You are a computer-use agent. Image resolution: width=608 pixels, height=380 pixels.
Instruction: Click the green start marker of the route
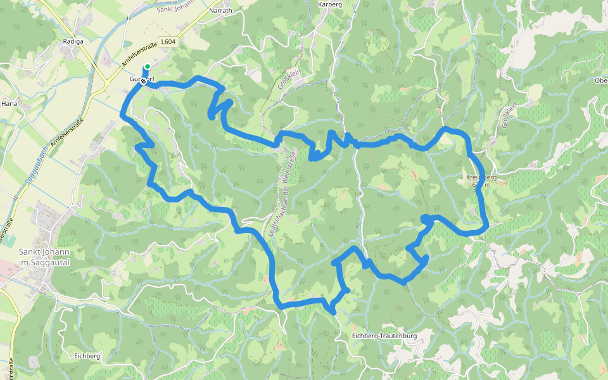pos(148,66)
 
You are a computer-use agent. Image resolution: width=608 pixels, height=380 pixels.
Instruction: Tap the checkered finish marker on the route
pos(144,81)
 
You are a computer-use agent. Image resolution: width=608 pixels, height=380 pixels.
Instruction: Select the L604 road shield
pos(168,42)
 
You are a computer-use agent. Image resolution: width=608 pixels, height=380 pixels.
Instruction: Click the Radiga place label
pos(73,41)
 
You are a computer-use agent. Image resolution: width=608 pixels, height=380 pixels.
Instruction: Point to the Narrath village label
pos(220,11)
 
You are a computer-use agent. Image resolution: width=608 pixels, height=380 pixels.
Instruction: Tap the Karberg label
pos(329,4)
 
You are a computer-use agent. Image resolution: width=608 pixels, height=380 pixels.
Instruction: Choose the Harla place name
pos(9,103)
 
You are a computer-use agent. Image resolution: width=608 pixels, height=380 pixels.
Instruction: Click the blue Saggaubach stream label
pos(32,165)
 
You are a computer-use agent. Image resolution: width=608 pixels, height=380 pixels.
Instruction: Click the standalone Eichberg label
pos(87,356)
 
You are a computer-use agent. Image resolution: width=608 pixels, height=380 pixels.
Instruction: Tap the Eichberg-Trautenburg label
pos(384,336)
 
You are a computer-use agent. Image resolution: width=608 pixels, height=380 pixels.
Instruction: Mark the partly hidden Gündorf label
pos(142,79)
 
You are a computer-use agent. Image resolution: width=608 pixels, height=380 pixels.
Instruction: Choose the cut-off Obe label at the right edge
pos(600,80)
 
